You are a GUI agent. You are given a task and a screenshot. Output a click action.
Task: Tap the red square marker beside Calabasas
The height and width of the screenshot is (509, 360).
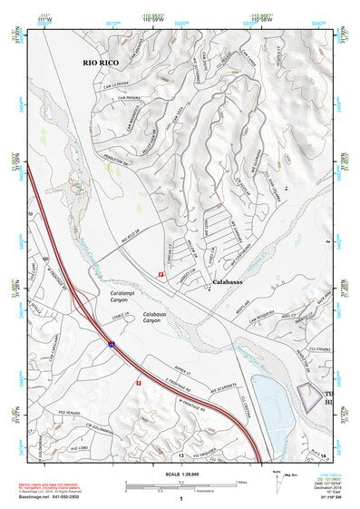tap(161, 273)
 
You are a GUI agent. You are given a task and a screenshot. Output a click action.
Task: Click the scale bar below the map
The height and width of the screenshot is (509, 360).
tap(181, 485)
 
